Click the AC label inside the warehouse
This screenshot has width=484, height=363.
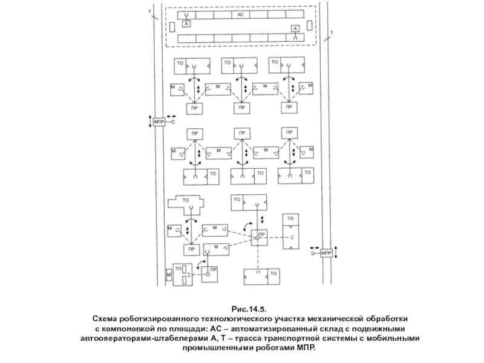pyautogui.click(x=240, y=13)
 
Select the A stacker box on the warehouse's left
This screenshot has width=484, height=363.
pyautogui.click(x=186, y=24)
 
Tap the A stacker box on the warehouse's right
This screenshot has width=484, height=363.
pyautogui.click(x=295, y=28)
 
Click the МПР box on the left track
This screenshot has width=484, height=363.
pyautogui.click(x=159, y=122)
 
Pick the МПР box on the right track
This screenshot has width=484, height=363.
pyautogui.click(x=327, y=252)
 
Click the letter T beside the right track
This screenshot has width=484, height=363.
pyautogui.click(x=331, y=31)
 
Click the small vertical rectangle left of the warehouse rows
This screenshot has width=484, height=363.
pyautogui.click(x=172, y=26)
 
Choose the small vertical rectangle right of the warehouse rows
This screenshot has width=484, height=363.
pyautogui.click(x=309, y=26)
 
